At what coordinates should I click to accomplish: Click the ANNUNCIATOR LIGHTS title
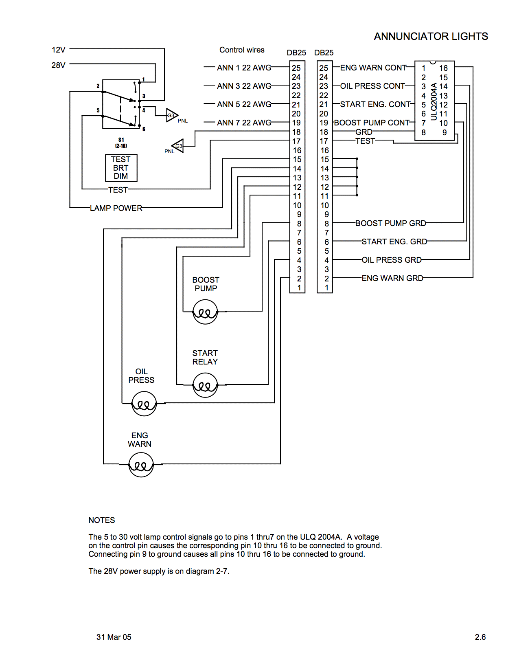point(431,37)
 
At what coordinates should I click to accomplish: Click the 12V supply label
point(59,50)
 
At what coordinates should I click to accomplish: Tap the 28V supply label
point(59,65)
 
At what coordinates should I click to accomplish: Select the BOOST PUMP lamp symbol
point(205,312)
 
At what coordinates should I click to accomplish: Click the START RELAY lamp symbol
point(205,385)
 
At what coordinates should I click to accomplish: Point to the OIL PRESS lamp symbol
point(144,404)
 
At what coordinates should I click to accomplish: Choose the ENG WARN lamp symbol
point(141,464)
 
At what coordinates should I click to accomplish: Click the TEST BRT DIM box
point(121,168)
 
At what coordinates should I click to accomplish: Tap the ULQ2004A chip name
point(434,101)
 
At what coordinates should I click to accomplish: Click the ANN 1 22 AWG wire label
point(244,68)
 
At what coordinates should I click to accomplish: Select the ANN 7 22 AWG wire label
point(244,123)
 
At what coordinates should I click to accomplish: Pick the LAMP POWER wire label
point(116,208)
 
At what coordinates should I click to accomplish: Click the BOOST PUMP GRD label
point(390,223)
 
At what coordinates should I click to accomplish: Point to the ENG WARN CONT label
point(373,68)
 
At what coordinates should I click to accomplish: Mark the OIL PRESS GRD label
point(392,260)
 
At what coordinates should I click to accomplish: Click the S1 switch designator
point(121,140)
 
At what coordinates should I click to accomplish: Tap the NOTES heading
point(102,520)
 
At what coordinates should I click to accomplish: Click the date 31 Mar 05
point(114,637)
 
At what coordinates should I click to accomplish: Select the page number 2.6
point(480,637)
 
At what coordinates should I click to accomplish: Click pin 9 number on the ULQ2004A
point(445,132)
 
